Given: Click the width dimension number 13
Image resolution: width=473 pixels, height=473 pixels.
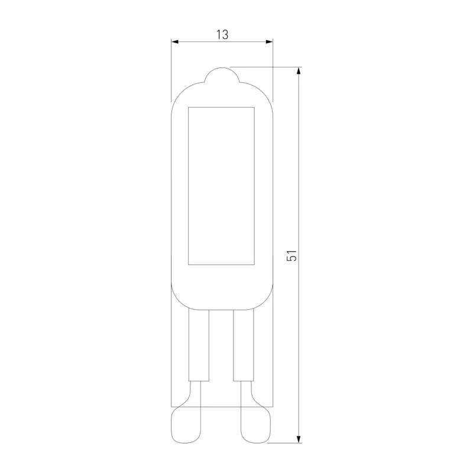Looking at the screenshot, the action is coord(222,35).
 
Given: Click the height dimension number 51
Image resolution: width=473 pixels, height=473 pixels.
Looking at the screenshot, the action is coord(291,255).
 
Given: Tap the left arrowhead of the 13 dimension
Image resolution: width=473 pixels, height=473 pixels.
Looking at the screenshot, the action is coord(175,41).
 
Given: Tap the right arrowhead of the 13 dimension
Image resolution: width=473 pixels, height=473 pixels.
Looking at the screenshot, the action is coord(269,41).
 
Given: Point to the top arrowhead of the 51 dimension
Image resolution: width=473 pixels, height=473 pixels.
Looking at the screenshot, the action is coord(299,70).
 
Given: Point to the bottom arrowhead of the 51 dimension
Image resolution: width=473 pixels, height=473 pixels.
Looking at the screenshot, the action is coord(299,439).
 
